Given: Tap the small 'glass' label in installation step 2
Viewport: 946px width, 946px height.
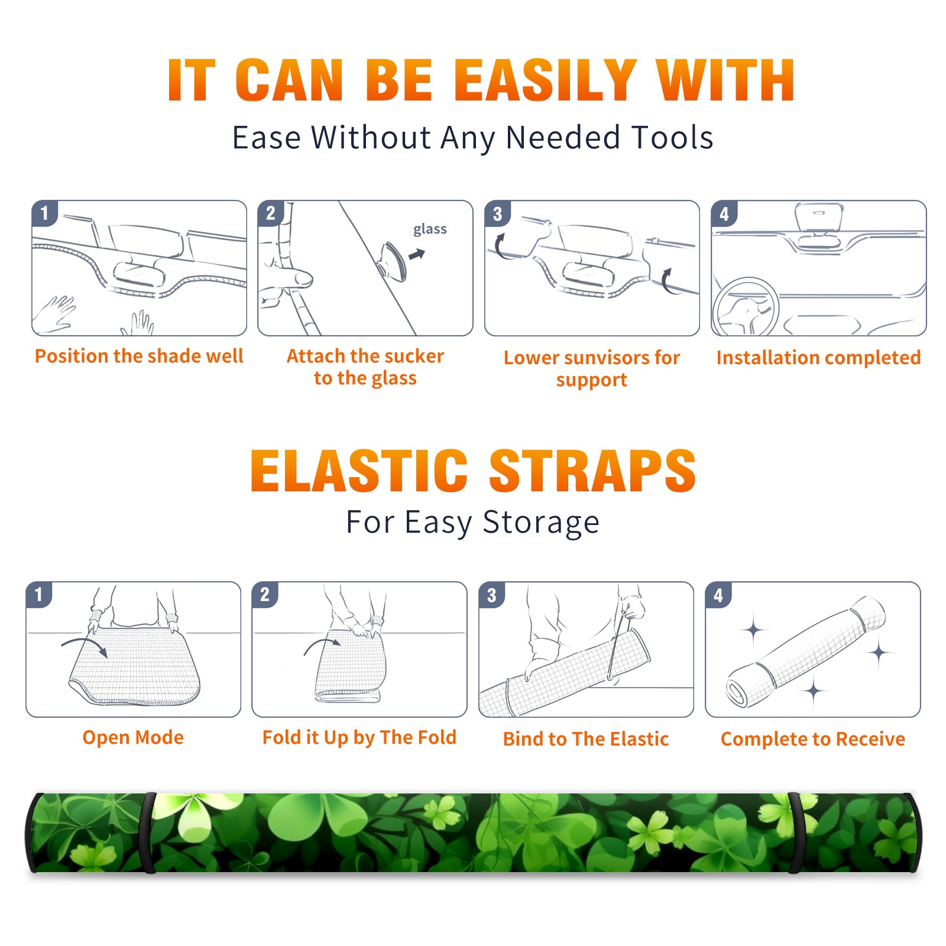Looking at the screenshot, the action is tap(430, 229).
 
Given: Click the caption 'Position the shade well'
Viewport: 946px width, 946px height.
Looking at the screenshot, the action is tap(139, 356).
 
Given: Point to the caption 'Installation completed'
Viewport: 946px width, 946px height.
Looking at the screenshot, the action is tap(818, 358).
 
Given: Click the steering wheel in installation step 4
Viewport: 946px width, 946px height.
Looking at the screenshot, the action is tap(746, 307).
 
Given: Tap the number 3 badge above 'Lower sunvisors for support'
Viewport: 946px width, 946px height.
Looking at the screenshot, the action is tap(497, 213).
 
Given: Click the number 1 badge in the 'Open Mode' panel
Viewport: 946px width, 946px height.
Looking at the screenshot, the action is tap(39, 594).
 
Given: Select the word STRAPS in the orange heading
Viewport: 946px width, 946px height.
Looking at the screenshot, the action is tap(592, 471).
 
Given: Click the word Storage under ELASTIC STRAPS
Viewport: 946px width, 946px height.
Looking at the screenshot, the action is tap(541, 523).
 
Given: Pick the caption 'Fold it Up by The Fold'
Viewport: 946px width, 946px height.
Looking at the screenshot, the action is tap(359, 738).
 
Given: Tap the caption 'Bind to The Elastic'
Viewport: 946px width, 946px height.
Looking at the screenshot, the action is tap(586, 739).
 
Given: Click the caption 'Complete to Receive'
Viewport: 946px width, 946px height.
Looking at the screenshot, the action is tap(813, 739).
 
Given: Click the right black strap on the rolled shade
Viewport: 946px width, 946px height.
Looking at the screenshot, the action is tap(796, 832).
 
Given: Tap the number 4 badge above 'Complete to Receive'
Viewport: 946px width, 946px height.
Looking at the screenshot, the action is tap(718, 595).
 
